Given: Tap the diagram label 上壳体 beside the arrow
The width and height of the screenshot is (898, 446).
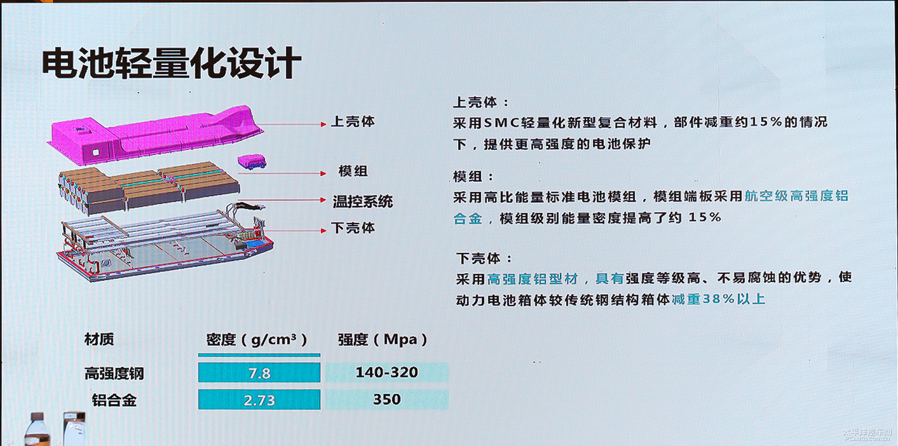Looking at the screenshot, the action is tap(353, 121).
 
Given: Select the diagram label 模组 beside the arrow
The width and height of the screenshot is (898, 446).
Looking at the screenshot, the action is tap(353, 171).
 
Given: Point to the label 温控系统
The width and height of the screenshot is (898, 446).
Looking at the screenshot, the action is tap(362, 201).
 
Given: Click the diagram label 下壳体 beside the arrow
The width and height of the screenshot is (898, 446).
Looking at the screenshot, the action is tap(353, 227).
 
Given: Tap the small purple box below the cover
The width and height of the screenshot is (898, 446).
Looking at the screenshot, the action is tap(252, 161).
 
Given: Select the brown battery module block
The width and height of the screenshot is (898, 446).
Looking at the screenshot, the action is tap(149, 186).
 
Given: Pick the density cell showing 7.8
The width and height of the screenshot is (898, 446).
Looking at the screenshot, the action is tap(259, 373).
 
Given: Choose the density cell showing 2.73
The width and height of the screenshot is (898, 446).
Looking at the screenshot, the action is tap(259, 400).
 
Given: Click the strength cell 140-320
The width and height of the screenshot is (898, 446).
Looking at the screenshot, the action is tap(387, 372).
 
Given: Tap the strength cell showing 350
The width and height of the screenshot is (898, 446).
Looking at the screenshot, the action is tap(387, 399).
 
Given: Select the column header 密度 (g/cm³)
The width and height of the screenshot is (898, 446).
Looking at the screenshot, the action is tap(257, 340).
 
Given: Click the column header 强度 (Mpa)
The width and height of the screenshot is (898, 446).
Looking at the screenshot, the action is tap(383, 340).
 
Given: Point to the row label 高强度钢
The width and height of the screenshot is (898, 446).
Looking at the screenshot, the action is tap(114, 374).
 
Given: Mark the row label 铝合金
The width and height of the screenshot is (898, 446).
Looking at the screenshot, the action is tap(114, 400).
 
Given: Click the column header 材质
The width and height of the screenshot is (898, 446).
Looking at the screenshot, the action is tap(99, 339).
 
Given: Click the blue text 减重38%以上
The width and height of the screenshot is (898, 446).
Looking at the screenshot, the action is tap(718, 299).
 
